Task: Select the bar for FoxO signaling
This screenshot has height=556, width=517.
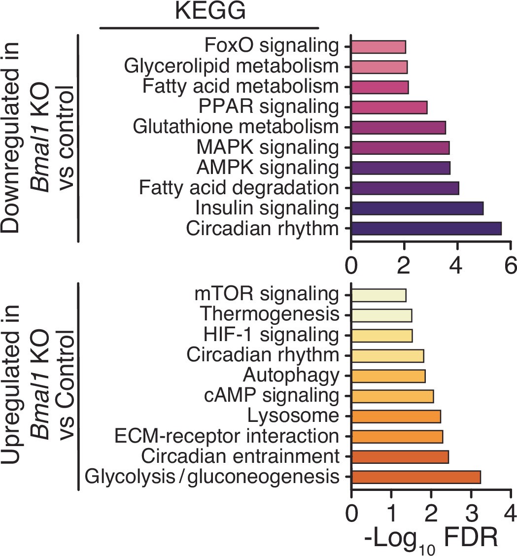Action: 378,47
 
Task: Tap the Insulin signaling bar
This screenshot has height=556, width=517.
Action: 417,208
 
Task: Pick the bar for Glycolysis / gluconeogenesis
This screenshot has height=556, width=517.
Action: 415,477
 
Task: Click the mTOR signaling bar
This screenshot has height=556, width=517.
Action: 379,295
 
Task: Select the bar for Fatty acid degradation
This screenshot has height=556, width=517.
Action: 405,188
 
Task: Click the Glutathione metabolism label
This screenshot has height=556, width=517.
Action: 236,127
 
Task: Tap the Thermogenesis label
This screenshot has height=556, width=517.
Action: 270,314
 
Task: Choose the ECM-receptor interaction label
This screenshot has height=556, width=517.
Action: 226,436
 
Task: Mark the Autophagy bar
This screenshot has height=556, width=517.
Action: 388,376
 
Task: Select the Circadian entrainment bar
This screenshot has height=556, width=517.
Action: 400,456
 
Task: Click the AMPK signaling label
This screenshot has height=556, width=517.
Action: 268,168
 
